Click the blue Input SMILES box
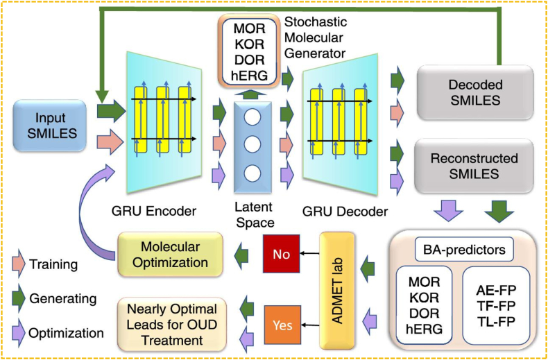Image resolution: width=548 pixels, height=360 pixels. coord(50,126)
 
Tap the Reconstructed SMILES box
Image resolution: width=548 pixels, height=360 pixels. coord(474,166)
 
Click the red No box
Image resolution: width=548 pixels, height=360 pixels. coord(282,254)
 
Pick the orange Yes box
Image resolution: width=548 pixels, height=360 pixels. coord(282,325)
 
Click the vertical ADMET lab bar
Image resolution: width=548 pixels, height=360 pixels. coord(337,290)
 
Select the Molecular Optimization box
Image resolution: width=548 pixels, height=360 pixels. coord(170,254)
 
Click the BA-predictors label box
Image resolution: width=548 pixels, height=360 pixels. coord(464,250)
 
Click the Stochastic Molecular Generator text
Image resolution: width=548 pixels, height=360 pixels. coord(315,37)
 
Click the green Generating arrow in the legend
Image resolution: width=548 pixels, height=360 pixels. coord(19,299)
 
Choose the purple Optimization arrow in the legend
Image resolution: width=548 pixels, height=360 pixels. coord(19,333)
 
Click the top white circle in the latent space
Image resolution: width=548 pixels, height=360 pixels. coord(250,119)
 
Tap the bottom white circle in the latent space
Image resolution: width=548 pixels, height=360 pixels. coord(250,173)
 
